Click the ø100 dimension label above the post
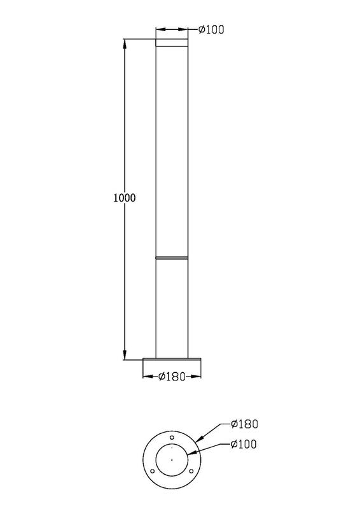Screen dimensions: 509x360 point(212,29)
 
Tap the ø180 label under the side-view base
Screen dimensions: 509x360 point(171,377)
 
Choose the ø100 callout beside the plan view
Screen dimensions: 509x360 point(244,445)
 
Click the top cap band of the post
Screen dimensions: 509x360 point(172,44)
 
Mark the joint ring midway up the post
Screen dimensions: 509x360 point(172,258)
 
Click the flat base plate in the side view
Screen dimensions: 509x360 point(172,361)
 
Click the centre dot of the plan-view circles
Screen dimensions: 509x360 point(172,459)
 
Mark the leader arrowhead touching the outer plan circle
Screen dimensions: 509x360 point(199,440)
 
